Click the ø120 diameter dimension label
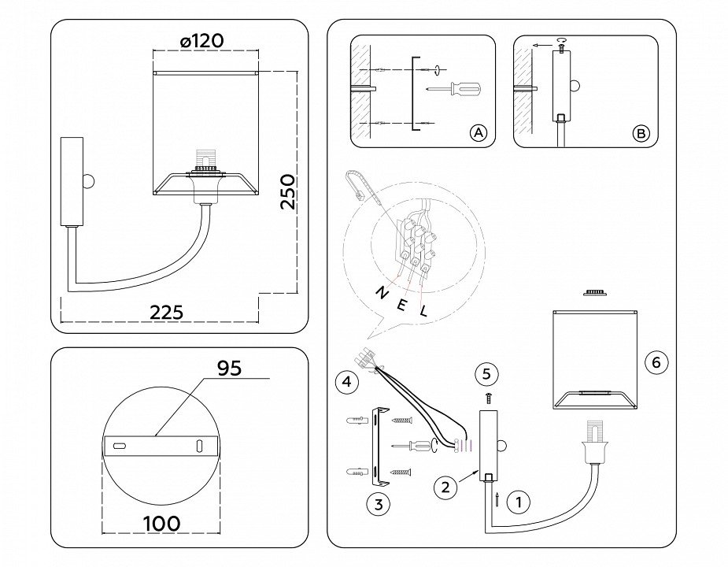pyautogui.click(x=201, y=40)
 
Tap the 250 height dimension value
pyautogui.click(x=289, y=191)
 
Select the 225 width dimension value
pyautogui.click(x=166, y=312)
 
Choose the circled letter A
pyautogui.click(x=478, y=133)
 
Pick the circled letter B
pyautogui.click(x=641, y=133)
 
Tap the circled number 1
pyautogui.click(x=519, y=500)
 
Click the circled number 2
pyautogui.click(x=446, y=487)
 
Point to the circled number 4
pyautogui.click(x=345, y=383)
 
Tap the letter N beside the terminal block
pyautogui.click(x=381, y=293)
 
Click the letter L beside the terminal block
pyautogui.click(x=424, y=311)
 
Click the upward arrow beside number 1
pyautogui.click(x=497, y=498)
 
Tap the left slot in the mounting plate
pyautogui.click(x=119, y=447)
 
